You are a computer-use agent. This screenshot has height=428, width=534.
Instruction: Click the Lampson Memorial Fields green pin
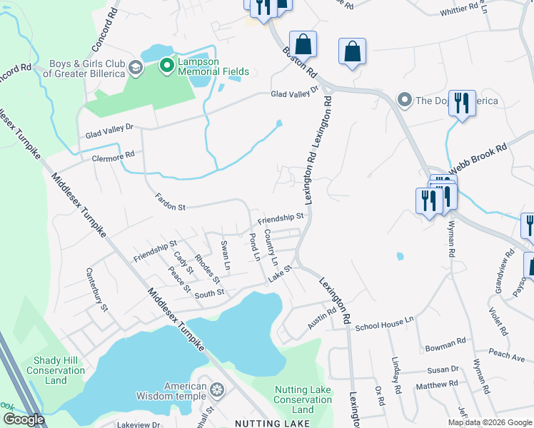tap(167, 66)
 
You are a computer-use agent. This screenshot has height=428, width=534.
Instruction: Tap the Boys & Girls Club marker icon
tap(136, 68)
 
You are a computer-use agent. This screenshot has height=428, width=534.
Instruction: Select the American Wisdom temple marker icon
tap(217, 389)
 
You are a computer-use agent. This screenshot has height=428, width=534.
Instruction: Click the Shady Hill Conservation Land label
tap(55, 370)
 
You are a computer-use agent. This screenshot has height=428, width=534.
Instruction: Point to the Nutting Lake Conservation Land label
tap(303, 399)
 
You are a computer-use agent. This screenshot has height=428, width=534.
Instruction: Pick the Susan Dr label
tap(443, 369)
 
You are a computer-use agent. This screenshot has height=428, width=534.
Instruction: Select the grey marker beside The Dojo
tap(405, 100)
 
